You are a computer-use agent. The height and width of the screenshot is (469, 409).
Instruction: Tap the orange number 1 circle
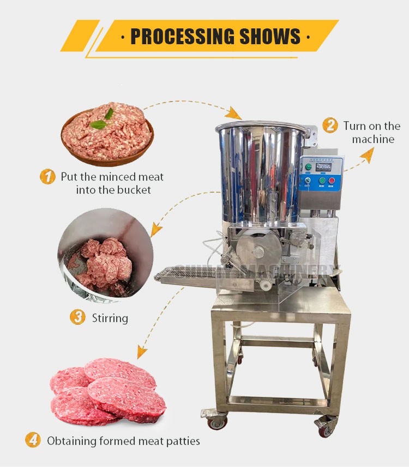pyautogui.click(x=48, y=177)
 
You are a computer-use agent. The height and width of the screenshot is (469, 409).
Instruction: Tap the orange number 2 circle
pyautogui.click(x=330, y=126)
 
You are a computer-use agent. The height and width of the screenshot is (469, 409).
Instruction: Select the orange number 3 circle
pyautogui.click(x=78, y=317)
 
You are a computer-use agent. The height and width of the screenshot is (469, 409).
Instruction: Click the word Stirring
pyautogui.click(x=110, y=318)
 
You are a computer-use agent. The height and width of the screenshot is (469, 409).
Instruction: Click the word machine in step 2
pyautogui.click(x=373, y=139)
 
